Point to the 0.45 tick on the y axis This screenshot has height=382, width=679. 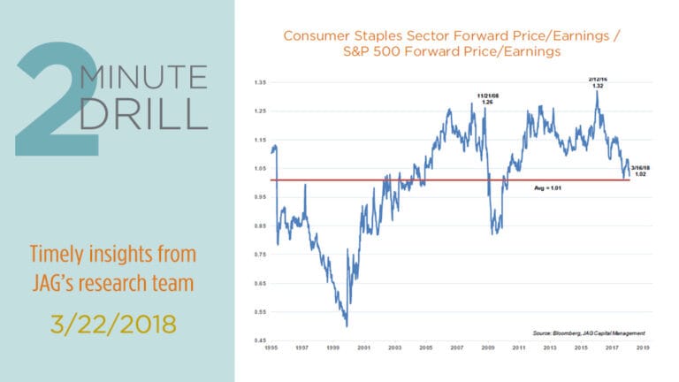tap(260, 340)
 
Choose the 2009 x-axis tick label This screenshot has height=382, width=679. tap(488, 350)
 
